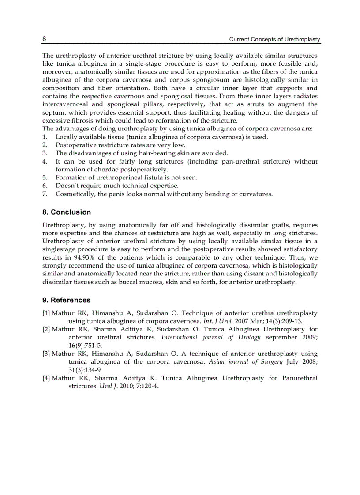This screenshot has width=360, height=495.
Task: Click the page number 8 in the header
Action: pyautogui.click(x=44, y=39)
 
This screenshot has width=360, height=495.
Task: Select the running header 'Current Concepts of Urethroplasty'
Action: pyautogui.click(x=274, y=40)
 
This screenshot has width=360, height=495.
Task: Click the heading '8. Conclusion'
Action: pyautogui.click(x=67, y=212)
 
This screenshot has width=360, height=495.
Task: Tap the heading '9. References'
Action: pyautogui.click(x=66, y=300)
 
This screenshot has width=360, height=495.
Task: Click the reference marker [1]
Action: pyautogui.click(x=46, y=313)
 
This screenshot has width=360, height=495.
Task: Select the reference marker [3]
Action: pyautogui.click(x=46, y=354)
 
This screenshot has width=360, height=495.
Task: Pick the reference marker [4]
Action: pyautogui.click(x=46, y=378)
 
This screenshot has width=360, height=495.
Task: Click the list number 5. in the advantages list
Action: pyautogui.click(x=45, y=177)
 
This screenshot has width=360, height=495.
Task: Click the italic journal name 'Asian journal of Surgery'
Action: pyautogui.click(x=245, y=362)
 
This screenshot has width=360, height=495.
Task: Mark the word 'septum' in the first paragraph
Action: pyautogui.click(x=54, y=112)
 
